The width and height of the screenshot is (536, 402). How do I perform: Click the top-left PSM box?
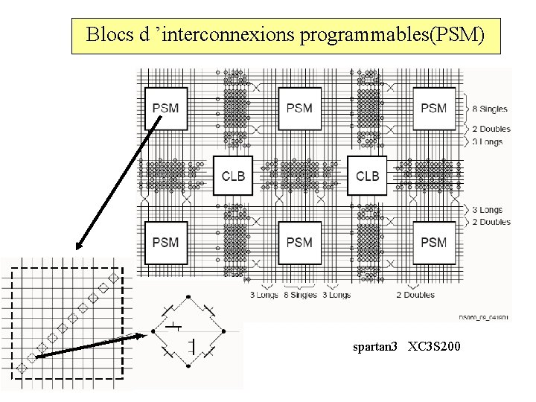pos(165,108)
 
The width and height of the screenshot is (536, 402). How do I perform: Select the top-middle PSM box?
pos(299,108)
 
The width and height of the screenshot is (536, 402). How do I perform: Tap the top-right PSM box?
pos(433,108)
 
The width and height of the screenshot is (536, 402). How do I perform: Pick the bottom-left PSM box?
pos(165,242)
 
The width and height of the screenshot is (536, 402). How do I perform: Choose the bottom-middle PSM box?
pos(299,242)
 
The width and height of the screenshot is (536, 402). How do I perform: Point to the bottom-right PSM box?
pos(433,242)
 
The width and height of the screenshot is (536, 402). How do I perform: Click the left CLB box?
pos(233,176)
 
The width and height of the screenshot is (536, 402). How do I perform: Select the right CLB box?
pos(367,176)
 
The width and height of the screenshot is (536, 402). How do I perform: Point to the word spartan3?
pos(377,347)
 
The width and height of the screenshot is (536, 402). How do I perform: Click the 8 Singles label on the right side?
pos(491,109)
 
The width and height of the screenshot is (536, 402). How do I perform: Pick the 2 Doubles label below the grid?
pos(415,295)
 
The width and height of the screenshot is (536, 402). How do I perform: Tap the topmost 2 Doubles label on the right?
pos(491,129)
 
